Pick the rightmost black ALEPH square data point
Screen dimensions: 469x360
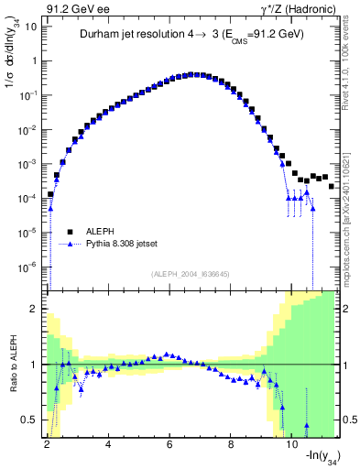tap(332, 186)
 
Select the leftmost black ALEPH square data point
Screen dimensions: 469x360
tap(50, 194)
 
